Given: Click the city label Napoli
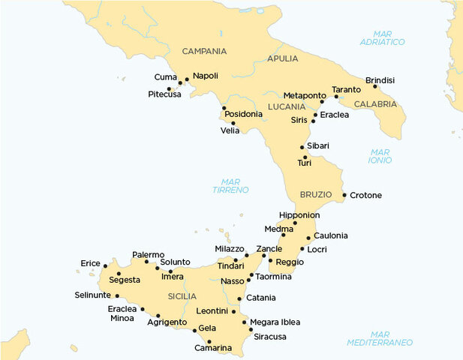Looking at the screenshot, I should [205, 76].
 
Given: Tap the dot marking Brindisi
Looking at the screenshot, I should [374, 86].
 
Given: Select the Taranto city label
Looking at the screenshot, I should [346, 90].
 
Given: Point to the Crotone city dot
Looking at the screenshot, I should [344, 196].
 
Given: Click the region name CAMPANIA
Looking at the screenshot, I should [204, 51].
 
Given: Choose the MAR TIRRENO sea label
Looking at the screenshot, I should [230, 185].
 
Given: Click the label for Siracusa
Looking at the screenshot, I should [270, 337].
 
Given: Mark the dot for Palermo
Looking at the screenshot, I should [147, 262].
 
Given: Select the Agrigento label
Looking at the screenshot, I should [167, 322].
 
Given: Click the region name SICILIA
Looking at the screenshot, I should [182, 296].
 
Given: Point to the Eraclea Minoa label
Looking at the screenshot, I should [122, 313].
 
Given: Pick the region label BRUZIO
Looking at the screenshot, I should [316, 194].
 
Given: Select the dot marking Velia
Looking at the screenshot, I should [233, 123].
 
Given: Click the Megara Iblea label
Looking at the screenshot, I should [275, 322].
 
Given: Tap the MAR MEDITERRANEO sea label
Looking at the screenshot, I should [380, 337].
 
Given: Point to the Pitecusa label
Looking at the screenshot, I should [164, 94].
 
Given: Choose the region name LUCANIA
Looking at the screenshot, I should [286, 107].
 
